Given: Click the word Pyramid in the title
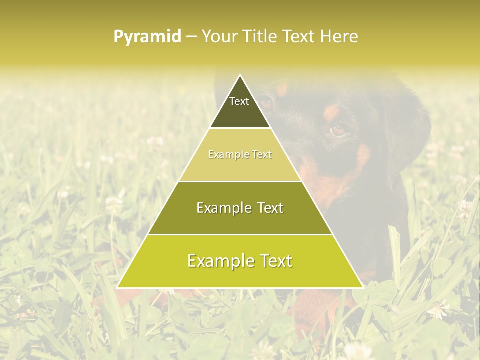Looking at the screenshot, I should coord(147,37).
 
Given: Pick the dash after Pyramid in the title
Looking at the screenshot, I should coord(191,37).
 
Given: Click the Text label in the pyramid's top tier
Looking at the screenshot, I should coord(239,101).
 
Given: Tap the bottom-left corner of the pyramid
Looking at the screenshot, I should coord(117,288).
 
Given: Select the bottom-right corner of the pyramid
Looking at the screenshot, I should coord(363,288).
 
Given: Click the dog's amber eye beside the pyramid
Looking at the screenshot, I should coord(338,130).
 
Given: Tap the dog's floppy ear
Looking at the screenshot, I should coord(410,125).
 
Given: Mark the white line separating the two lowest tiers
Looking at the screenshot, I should coord(240,234).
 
